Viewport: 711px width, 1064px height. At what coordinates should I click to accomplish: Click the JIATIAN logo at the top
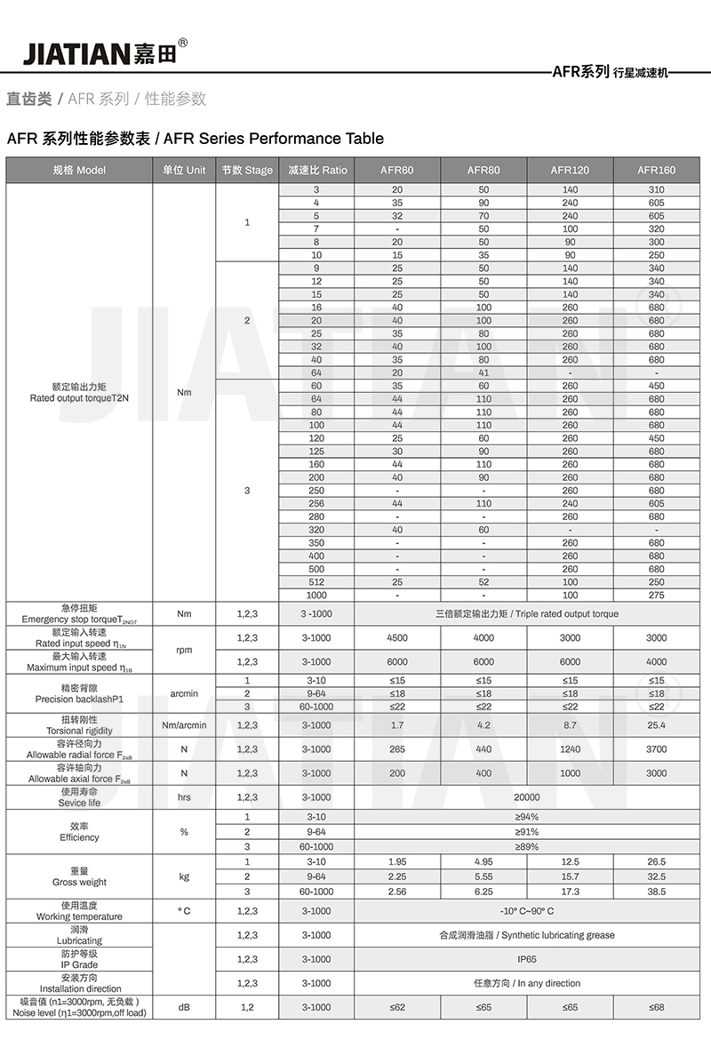(105, 52)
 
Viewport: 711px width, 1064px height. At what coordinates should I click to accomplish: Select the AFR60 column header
(396, 170)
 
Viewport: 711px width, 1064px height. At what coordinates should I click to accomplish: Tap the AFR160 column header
(656, 170)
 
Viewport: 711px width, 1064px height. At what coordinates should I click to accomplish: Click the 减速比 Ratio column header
(317, 170)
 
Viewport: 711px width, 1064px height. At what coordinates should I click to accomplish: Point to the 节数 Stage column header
(247, 170)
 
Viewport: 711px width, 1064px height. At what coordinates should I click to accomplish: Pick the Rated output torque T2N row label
(79, 392)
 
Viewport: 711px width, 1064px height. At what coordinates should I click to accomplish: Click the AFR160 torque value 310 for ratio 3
(656, 190)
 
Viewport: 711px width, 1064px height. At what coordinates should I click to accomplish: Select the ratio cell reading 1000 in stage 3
(316, 595)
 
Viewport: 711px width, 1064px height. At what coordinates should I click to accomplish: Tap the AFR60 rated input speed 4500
(396, 637)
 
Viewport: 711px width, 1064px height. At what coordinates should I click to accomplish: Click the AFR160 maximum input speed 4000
(656, 661)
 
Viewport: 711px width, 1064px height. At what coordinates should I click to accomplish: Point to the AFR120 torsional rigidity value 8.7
(570, 725)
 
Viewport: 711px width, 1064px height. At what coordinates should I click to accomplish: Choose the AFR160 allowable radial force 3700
(656, 749)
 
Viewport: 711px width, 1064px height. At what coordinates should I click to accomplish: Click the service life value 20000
(527, 797)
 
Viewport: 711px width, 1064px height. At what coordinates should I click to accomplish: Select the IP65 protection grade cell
(527, 959)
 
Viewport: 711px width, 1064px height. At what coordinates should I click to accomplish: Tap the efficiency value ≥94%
(527, 817)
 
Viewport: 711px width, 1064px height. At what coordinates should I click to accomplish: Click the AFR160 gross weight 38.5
(656, 891)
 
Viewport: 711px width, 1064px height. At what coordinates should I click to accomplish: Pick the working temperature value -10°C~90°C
(527, 911)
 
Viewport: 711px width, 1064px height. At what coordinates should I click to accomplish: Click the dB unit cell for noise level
(184, 1007)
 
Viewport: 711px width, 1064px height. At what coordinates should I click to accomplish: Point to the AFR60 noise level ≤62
(396, 1007)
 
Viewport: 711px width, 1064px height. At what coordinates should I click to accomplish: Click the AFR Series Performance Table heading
(196, 139)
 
